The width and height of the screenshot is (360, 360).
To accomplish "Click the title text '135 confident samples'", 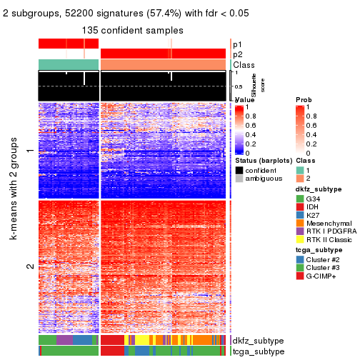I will (x=132, y=31).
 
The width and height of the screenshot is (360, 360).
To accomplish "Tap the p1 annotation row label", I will (x=237, y=44).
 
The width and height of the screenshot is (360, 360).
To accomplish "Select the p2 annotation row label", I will (x=237, y=54).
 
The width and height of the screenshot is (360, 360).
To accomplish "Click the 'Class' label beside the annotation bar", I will (x=244, y=64).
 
